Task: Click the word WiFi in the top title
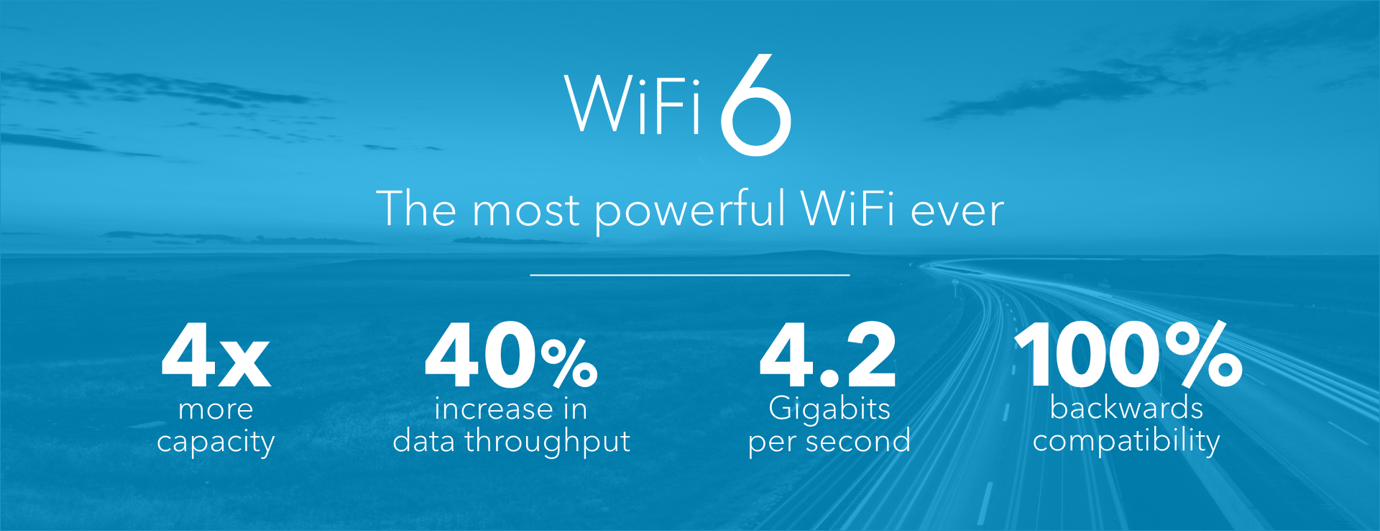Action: pos(632,104)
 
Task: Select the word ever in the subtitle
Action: pos(957,212)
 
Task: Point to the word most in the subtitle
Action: pos(525,212)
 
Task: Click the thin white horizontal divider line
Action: pos(690,275)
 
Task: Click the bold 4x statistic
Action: pos(216,355)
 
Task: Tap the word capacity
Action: pos(216,442)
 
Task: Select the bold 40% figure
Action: pos(511,355)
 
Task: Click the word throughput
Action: pos(548,442)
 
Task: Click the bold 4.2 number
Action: pos(828,355)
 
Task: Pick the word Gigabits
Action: pos(829,409)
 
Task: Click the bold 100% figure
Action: pos(1128,354)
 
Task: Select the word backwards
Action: pos(1126,408)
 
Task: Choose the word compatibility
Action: pos(1126,441)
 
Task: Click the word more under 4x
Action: pos(216,410)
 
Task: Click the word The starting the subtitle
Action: pos(416,209)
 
